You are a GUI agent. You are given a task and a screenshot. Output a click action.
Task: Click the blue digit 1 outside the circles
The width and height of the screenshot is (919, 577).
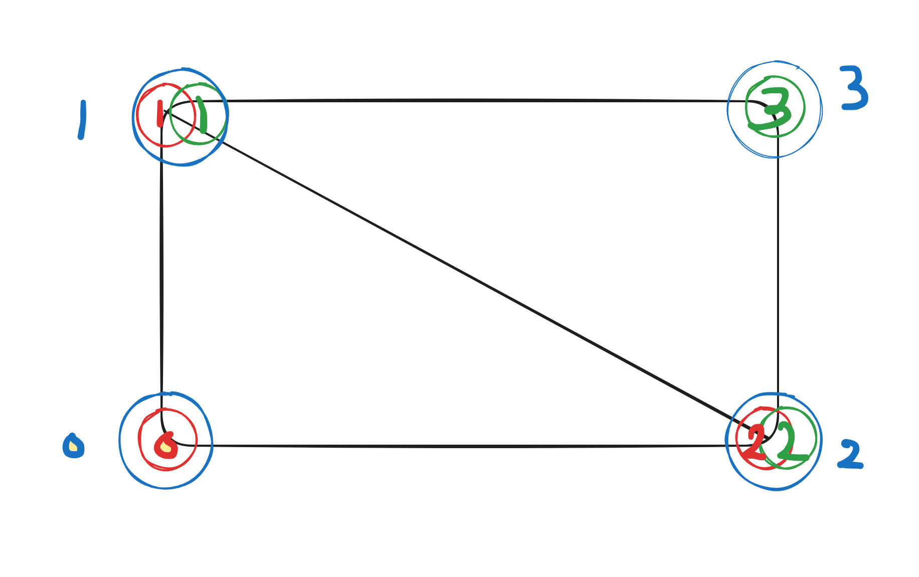[82, 120]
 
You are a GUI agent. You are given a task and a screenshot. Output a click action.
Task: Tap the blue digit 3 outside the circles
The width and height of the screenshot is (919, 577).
[855, 88]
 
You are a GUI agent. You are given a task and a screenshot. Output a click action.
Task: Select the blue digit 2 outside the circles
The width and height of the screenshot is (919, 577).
[850, 455]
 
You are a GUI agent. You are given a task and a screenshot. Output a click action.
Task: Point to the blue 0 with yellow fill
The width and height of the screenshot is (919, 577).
[73, 446]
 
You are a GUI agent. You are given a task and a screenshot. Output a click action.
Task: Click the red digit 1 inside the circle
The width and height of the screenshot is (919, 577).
[160, 114]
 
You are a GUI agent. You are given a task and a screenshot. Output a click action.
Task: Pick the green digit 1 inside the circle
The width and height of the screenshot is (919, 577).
[202, 115]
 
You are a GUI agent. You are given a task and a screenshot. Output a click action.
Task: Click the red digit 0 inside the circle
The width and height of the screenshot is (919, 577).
[166, 445]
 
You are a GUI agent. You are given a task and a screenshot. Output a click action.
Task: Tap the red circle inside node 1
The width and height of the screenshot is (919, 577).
[138, 115]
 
